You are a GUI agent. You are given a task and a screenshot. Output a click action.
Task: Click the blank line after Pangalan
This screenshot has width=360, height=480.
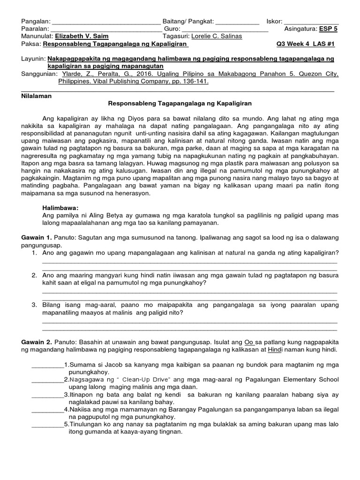[x=106, y=22]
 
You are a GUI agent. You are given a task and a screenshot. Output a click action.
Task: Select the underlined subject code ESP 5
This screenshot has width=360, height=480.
[x=329, y=29]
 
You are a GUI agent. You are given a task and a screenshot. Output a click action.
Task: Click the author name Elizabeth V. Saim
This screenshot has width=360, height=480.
[x=81, y=37]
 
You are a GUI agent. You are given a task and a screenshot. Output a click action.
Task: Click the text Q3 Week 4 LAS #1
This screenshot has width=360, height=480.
[x=308, y=45]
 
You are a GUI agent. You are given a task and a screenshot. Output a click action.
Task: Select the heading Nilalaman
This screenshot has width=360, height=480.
[x=37, y=96]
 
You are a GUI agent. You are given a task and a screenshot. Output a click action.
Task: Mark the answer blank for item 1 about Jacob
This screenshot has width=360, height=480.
[x=47, y=365]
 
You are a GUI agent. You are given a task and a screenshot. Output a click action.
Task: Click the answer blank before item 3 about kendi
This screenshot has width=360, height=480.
[x=47, y=395]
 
